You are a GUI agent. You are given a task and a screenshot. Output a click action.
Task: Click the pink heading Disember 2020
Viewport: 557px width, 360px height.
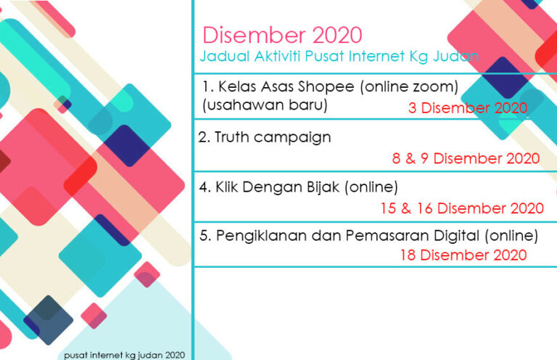pyautogui.click(x=282, y=35)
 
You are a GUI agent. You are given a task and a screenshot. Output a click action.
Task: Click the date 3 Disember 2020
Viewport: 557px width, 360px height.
pyautogui.click(x=468, y=108)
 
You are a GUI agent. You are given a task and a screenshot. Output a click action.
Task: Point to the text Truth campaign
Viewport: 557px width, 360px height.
pyautogui.click(x=265, y=137)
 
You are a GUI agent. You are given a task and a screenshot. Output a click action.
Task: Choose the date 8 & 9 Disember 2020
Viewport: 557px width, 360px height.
pyautogui.click(x=466, y=158)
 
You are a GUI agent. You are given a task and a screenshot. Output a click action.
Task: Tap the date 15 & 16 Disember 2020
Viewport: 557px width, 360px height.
pyautogui.click(x=462, y=208)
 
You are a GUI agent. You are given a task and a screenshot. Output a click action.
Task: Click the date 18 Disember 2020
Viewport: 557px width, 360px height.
pyautogui.click(x=463, y=255)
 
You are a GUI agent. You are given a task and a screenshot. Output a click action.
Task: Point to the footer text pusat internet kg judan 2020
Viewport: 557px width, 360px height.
pyautogui.click(x=124, y=355)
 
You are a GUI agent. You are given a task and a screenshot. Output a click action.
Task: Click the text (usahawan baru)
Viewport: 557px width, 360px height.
pyautogui.click(x=265, y=105)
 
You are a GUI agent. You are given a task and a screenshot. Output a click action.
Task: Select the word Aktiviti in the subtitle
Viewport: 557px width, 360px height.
pyautogui.click(x=278, y=56)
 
